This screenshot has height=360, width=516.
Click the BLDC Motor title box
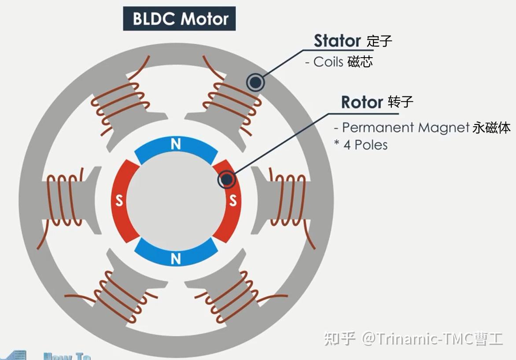coord(179,19)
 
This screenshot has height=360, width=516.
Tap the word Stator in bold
coord(337,41)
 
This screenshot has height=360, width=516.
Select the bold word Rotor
coord(362,103)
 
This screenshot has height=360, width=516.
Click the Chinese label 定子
coord(379,42)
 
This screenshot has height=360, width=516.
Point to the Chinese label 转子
coord(401,103)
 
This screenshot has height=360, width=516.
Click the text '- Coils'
coord(324,62)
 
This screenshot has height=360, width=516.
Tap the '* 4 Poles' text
coord(361,145)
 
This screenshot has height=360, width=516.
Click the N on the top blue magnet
coord(176,144)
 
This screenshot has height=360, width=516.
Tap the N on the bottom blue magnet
coord(176,259)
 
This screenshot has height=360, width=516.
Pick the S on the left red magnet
coord(119,202)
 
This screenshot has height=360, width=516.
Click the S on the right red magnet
coord(233,201)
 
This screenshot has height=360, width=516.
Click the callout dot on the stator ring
coord(255,82)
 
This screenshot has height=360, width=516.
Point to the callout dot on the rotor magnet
coord(227,179)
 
